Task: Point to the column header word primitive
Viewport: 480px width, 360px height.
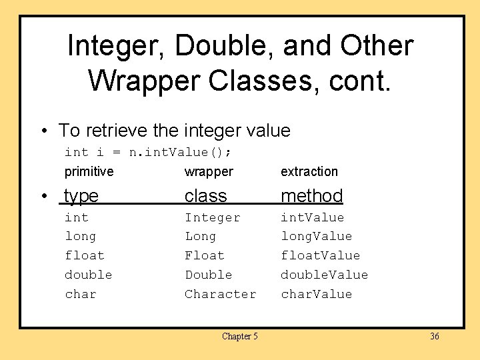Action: point(89,171)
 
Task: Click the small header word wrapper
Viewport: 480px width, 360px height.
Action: point(209,171)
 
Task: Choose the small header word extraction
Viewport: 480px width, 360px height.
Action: point(309,171)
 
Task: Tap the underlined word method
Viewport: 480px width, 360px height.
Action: point(311,195)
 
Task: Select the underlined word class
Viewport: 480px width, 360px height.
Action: point(206,195)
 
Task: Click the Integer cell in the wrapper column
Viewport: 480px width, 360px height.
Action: point(212,217)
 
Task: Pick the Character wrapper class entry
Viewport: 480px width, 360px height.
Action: point(220,294)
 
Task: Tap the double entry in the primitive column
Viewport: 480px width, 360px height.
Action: point(88,275)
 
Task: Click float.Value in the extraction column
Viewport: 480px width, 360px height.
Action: point(320,255)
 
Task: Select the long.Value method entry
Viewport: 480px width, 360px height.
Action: point(316,236)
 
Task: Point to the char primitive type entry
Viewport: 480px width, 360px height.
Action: point(80,294)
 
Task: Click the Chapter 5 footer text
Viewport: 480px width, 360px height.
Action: point(240,337)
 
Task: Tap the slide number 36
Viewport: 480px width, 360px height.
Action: point(435,337)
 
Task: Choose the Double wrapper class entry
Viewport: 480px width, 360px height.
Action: point(208,275)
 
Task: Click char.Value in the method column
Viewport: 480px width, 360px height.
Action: point(316,294)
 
